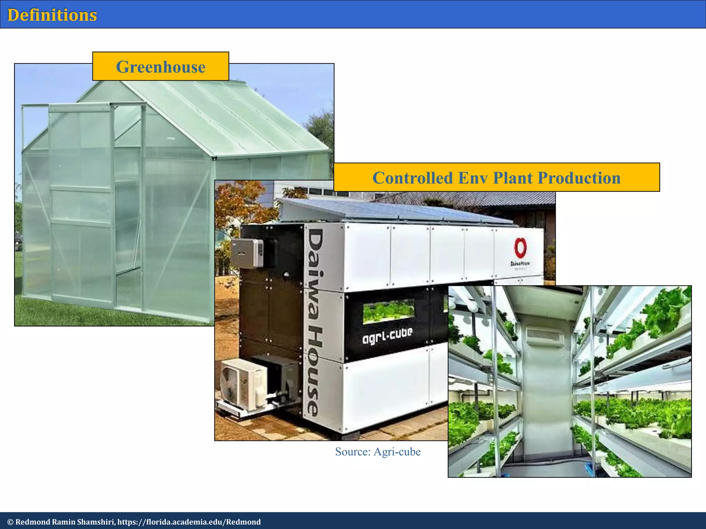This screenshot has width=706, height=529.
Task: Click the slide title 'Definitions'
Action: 52,15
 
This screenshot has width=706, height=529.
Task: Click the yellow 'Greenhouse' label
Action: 161,67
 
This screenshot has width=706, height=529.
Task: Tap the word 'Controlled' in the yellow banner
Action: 413,178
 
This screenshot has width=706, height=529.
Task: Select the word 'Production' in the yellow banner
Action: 579,178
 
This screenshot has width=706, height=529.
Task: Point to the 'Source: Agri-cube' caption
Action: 378,452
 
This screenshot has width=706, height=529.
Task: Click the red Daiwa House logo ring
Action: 520,248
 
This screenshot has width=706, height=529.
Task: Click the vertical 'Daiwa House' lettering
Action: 316,322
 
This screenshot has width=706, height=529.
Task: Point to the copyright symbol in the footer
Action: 10,522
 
